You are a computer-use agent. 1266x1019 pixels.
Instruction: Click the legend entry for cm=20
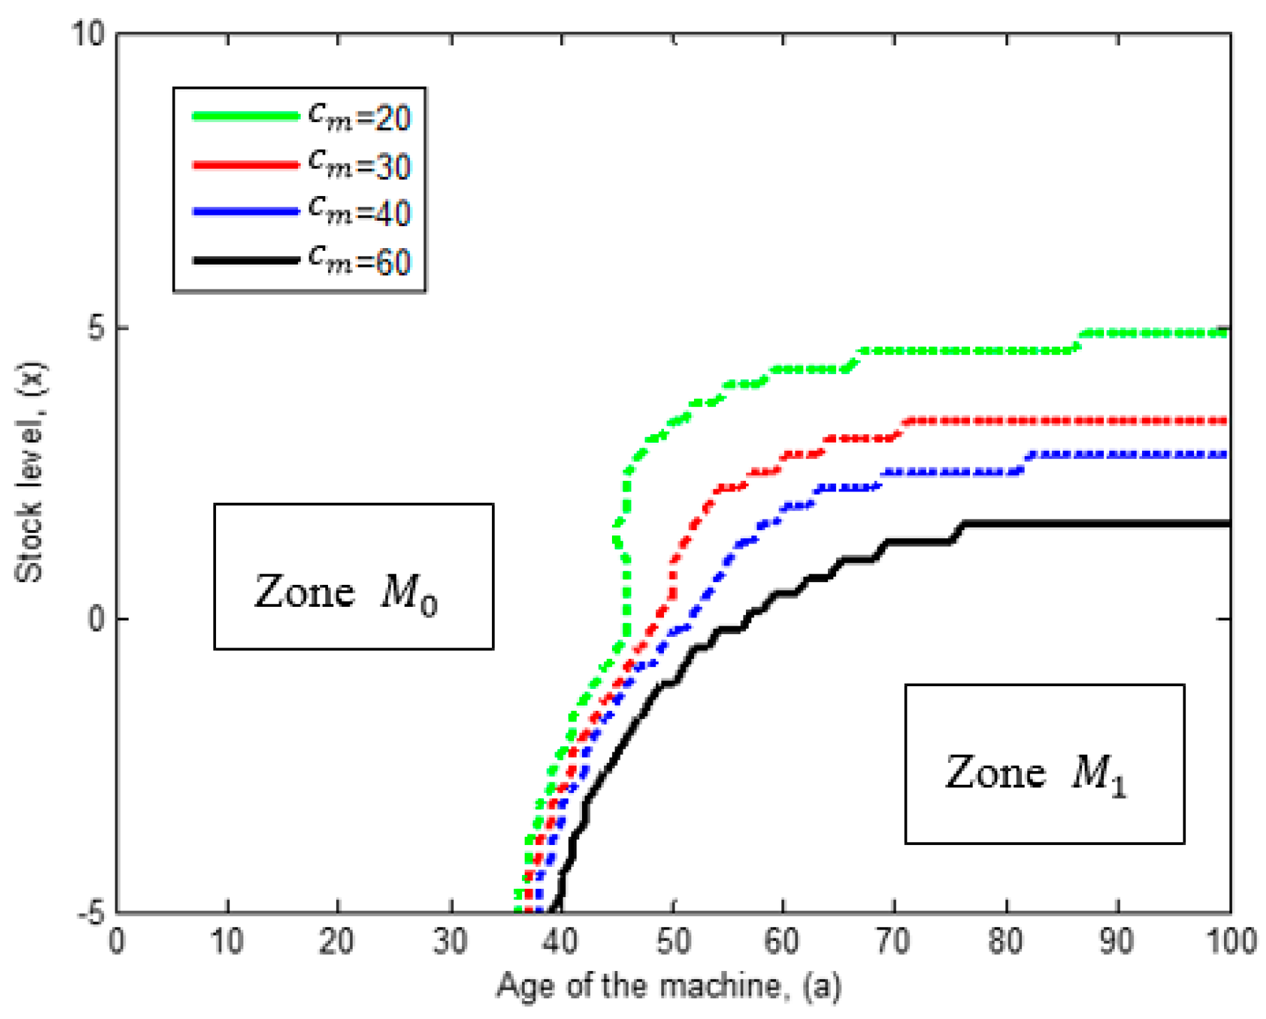tap(360, 117)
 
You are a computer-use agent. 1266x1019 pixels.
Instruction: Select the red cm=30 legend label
tap(360, 165)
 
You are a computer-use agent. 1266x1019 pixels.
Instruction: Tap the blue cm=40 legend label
tap(360, 212)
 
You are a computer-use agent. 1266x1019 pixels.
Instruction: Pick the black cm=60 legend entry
tap(360, 260)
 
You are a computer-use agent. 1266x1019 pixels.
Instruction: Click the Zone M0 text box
tap(353, 576)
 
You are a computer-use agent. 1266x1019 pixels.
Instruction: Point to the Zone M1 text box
tap(1044, 764)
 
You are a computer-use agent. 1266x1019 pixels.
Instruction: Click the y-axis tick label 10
tap(88, 33)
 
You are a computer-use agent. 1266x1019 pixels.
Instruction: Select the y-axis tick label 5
tap(97, 328)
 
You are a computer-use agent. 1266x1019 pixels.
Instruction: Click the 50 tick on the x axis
tap(673, 941)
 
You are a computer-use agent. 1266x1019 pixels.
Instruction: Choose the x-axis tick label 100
tap(1231, 941)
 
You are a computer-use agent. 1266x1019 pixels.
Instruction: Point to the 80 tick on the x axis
tap(1007, 941)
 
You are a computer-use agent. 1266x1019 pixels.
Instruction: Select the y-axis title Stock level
tap(30, 472)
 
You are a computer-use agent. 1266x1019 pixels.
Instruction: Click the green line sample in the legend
tap(245, 116)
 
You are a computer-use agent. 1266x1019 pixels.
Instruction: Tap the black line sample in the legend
tap(245, 260)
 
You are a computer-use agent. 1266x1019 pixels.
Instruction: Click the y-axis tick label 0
tap(97, 619)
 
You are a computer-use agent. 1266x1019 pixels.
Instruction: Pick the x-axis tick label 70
tap(894, 941)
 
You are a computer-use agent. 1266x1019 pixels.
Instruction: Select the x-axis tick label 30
tap(450, 941)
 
